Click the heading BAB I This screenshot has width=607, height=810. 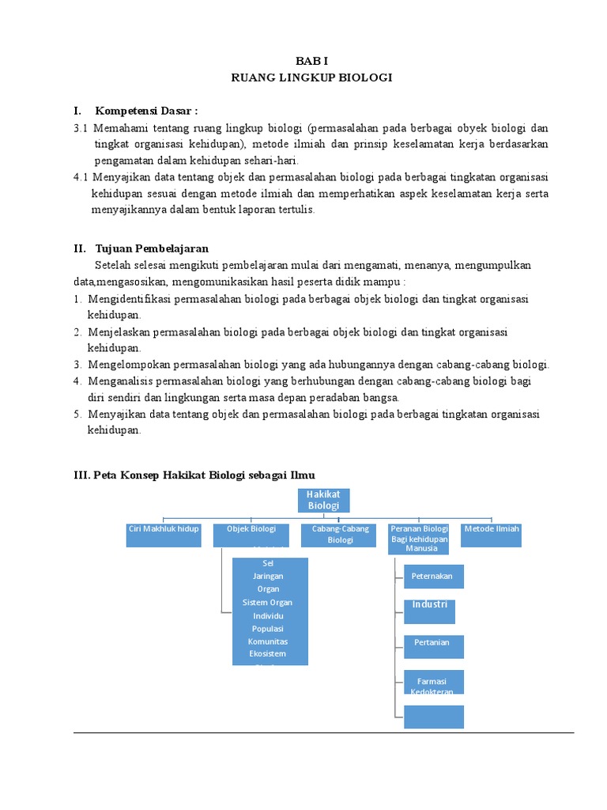point(311,60)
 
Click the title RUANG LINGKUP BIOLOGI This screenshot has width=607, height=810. point(311,78)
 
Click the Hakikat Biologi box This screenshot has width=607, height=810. point(323,500)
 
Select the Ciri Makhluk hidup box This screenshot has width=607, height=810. point(164,534)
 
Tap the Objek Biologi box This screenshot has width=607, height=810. point(251,534)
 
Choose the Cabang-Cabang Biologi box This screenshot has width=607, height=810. point(340,534)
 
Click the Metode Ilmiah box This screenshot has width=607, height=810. point(492,534)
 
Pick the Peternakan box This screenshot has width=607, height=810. point(432,577)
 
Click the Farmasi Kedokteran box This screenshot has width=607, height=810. point(432,682)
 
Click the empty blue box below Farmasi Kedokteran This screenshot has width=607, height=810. point(432,716)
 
